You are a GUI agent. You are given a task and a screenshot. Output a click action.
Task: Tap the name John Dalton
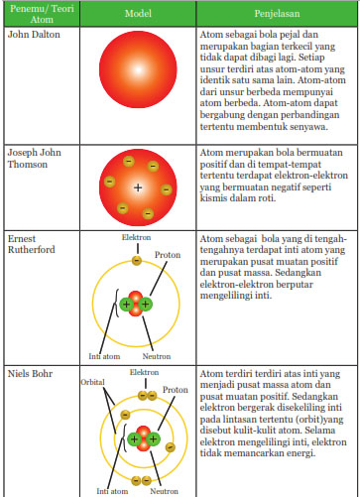coord(31,35)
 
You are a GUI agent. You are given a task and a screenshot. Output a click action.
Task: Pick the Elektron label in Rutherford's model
coord(137,239)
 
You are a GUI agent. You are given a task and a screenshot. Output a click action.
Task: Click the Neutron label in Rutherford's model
coord(159,356)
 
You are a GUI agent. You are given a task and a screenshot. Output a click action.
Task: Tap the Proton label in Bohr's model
coord(176,390)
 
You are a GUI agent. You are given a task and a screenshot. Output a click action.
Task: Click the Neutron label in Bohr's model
coord(165,490)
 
